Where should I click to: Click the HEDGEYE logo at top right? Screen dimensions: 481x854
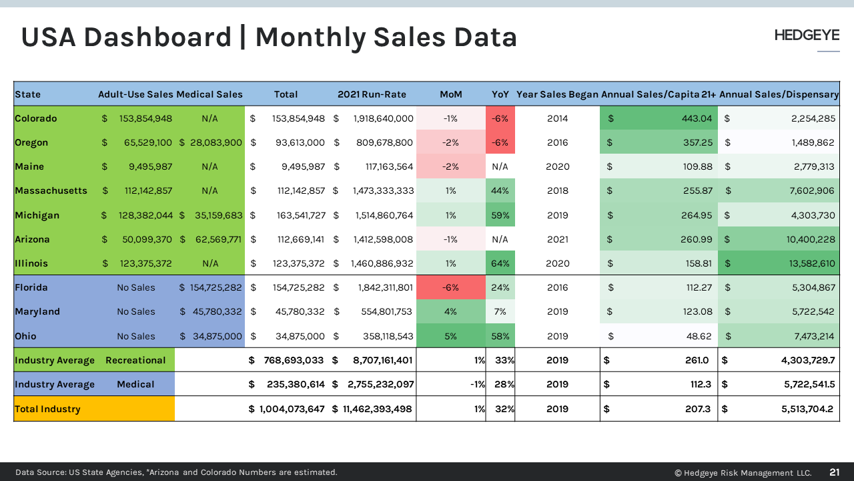click(806, 35)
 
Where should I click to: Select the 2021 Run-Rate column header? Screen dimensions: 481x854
click(372, 94)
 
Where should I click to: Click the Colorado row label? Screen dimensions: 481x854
click(36, 118)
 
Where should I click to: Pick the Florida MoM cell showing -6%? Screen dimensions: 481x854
click(450, 287)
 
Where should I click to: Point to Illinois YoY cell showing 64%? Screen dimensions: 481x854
click(500, 263)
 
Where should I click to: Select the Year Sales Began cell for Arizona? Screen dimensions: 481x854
click(557, 239)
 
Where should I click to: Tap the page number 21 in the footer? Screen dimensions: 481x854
click(834, 472)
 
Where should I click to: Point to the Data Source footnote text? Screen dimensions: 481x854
click(176, 472)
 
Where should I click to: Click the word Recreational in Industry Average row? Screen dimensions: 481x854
click(135, 360)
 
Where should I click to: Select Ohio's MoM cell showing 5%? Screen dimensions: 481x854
click(450, 336)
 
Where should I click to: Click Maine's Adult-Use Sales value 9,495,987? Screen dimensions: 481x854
click(146, 166)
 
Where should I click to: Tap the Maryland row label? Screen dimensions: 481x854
click(37, 311)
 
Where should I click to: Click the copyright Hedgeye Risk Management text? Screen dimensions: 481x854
click(743, 472)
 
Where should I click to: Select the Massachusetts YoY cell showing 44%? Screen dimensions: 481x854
click(500, 190)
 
